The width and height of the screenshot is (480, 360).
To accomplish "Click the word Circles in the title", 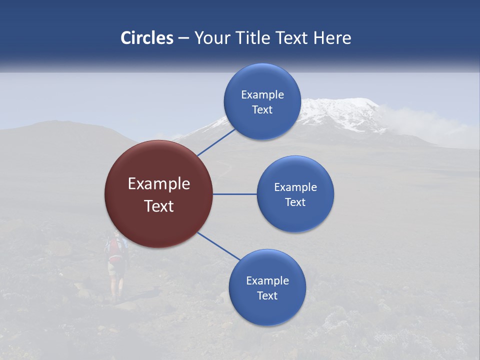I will point(147,38).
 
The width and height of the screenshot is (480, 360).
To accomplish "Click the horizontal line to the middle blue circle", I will point(235,194).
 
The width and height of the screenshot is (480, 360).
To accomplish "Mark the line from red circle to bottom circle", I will point(219,246).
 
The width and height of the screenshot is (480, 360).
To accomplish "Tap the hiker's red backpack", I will point(115,248).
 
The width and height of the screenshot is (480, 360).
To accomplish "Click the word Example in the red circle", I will point(159,184).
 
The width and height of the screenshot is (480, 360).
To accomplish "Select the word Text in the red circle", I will point(159,206).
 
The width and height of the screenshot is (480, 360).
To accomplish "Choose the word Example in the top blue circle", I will point(262,95).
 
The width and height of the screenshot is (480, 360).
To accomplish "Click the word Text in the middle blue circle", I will point(295,202).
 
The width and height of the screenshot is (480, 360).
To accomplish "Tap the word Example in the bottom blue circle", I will point(267,280).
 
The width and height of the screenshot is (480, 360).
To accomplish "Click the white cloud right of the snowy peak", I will point(425,125).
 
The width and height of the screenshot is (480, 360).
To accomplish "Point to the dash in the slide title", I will point(183,38).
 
